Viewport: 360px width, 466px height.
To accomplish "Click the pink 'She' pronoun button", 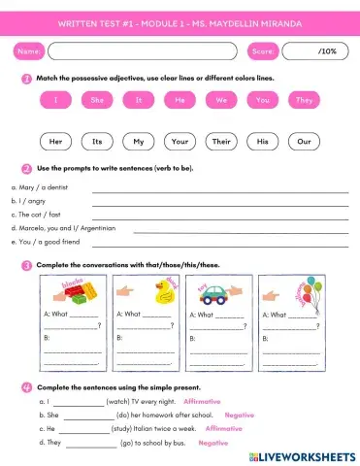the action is point(98,100).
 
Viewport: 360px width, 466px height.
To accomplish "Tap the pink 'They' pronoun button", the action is point(304,100).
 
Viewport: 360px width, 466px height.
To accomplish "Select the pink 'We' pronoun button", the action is point(221,100).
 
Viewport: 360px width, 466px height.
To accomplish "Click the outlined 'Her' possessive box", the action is point(56,142).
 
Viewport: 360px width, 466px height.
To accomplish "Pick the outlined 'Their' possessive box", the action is point(221,142).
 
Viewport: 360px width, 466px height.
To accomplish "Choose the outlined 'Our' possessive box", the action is point(304,142).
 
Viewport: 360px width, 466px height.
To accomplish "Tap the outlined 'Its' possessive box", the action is point(98,142).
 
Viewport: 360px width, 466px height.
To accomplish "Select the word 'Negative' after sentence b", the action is point(239,415).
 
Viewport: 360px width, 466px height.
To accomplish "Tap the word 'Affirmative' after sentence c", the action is point(223,428).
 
